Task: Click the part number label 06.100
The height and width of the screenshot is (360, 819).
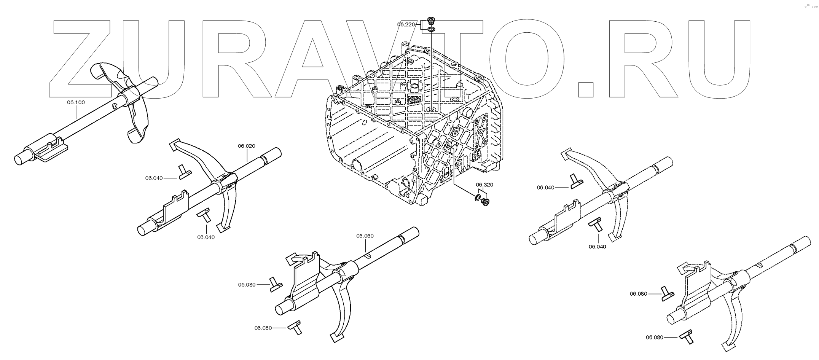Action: tap(76, 102)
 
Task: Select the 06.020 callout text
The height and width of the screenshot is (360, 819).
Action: tap(247, 146)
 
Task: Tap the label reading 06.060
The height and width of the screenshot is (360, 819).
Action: tap(365, 236)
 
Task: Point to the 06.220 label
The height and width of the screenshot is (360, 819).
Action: tap(406, 24)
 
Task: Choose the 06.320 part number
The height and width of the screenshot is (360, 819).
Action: tap(484, 185)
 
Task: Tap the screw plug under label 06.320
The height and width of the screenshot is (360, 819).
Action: tap(485, 202)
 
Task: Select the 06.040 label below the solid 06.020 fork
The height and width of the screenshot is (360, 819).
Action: tap(206, 237)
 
